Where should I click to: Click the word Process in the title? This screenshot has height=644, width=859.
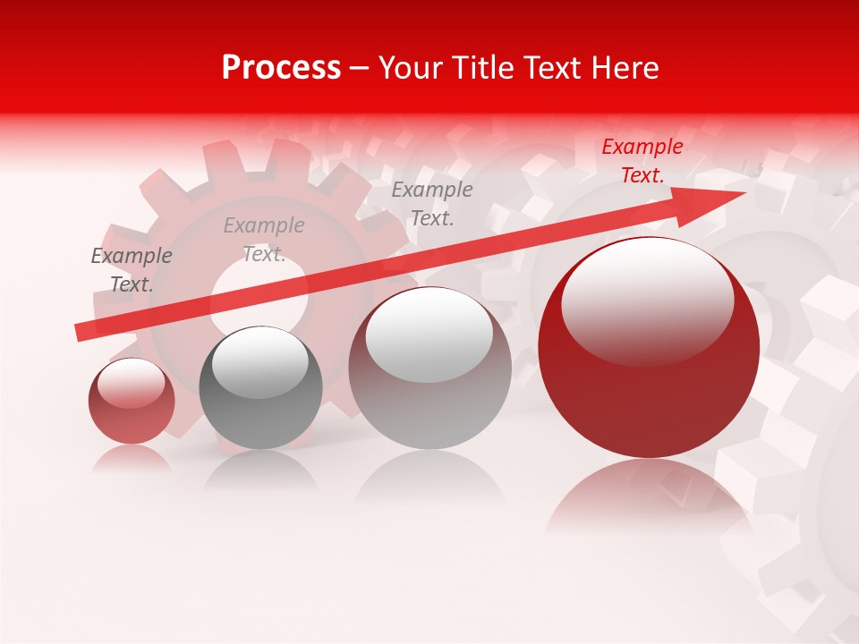281,68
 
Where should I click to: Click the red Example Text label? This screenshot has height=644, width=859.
642,161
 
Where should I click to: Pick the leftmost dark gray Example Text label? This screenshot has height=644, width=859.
132,270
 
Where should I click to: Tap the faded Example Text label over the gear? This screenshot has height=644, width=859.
263,240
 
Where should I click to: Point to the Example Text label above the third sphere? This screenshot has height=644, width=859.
432,203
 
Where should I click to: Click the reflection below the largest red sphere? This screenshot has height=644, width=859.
649,492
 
